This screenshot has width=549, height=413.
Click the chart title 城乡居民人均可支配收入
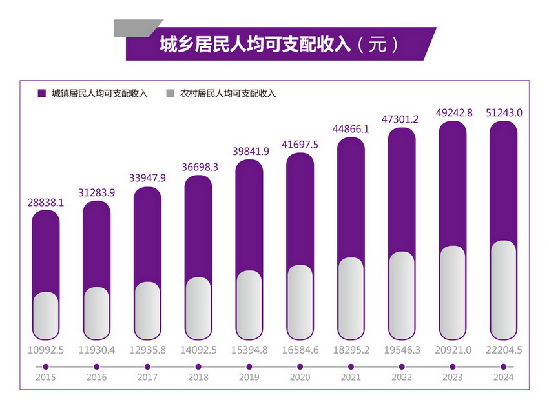[255, 45]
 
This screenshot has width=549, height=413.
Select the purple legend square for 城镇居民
[41, 93]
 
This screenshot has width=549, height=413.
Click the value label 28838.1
[45, 201]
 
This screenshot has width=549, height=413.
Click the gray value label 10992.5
[45, 350]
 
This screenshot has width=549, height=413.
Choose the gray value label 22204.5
[503, 350]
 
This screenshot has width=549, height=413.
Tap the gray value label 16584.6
[300, 350]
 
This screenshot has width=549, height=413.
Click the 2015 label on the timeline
[45, 378]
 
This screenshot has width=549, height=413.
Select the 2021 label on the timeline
[351, 378]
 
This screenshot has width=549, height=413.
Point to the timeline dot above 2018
[198, 367]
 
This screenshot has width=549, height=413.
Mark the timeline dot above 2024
[503, 367]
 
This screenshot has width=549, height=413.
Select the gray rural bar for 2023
[452, 294]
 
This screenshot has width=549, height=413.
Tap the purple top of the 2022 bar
[402, 187]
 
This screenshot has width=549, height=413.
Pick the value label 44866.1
[351, 129]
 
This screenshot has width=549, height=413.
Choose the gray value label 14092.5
[198, 350]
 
